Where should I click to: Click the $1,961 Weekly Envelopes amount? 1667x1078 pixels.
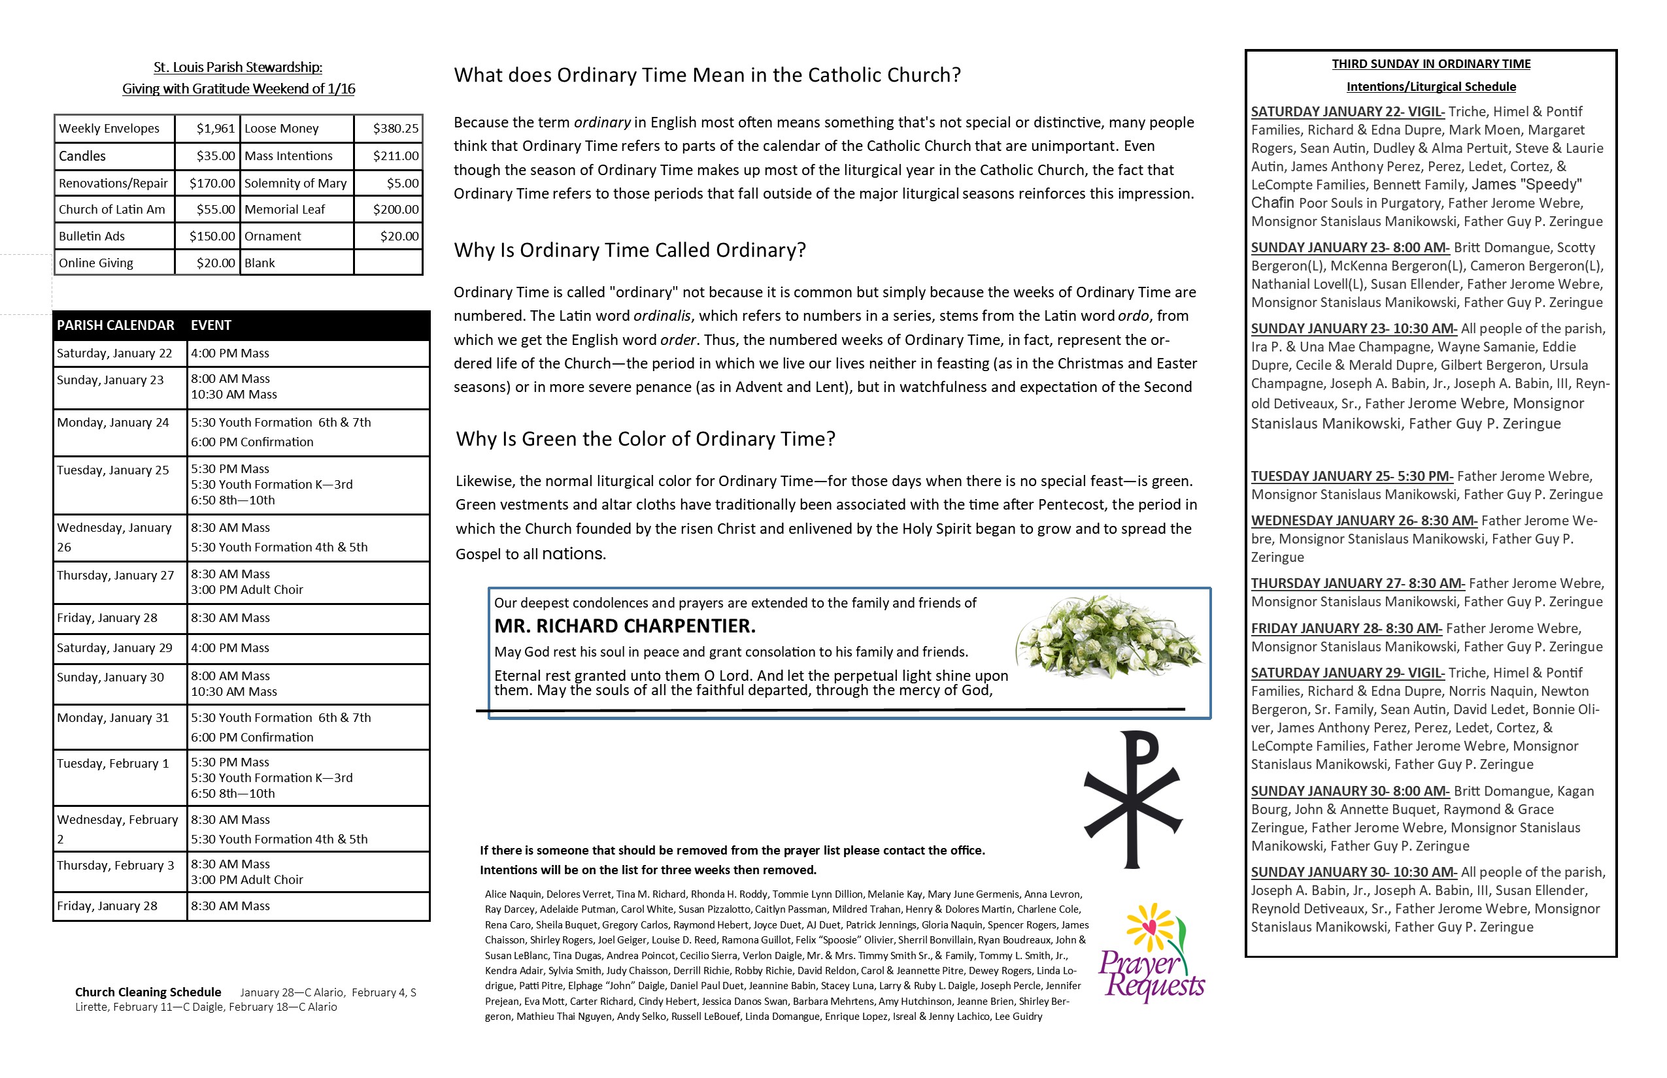pyautogui.click(x=215, y=129)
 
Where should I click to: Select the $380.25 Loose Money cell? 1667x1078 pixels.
pyautogui.click(x=395, y=129)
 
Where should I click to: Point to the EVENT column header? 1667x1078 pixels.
pyautogui.click(x=210, y=325)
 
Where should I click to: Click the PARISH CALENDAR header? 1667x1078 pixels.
pyautogui.click(x=116, y=325)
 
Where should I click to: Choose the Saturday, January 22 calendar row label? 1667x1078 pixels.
pyautogui.click(x=114, y=353)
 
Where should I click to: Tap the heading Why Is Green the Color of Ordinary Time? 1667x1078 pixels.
pyautogui.click(x=645, y=439)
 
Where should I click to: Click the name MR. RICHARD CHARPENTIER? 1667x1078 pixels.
pyautogui.click(x=625, y=626)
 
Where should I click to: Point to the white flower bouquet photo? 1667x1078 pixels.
pyautogui.click(x=1109, y=637)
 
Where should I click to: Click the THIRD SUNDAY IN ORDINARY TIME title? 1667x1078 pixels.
pyautogui.click(x=1431, y=65)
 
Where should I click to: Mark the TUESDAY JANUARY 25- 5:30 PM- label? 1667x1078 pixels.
pyautogui.click(x=1352, y=477)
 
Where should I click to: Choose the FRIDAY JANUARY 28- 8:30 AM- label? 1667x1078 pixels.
pyautogui.click(x=1346, y=629)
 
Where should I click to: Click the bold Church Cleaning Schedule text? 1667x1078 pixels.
pyautogui.click(x=148, y=992)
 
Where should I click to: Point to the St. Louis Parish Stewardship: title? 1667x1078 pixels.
pyautogui.click(x=238, y=67)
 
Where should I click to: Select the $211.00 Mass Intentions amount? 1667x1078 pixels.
pyautogui.click(x=395, y=156)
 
